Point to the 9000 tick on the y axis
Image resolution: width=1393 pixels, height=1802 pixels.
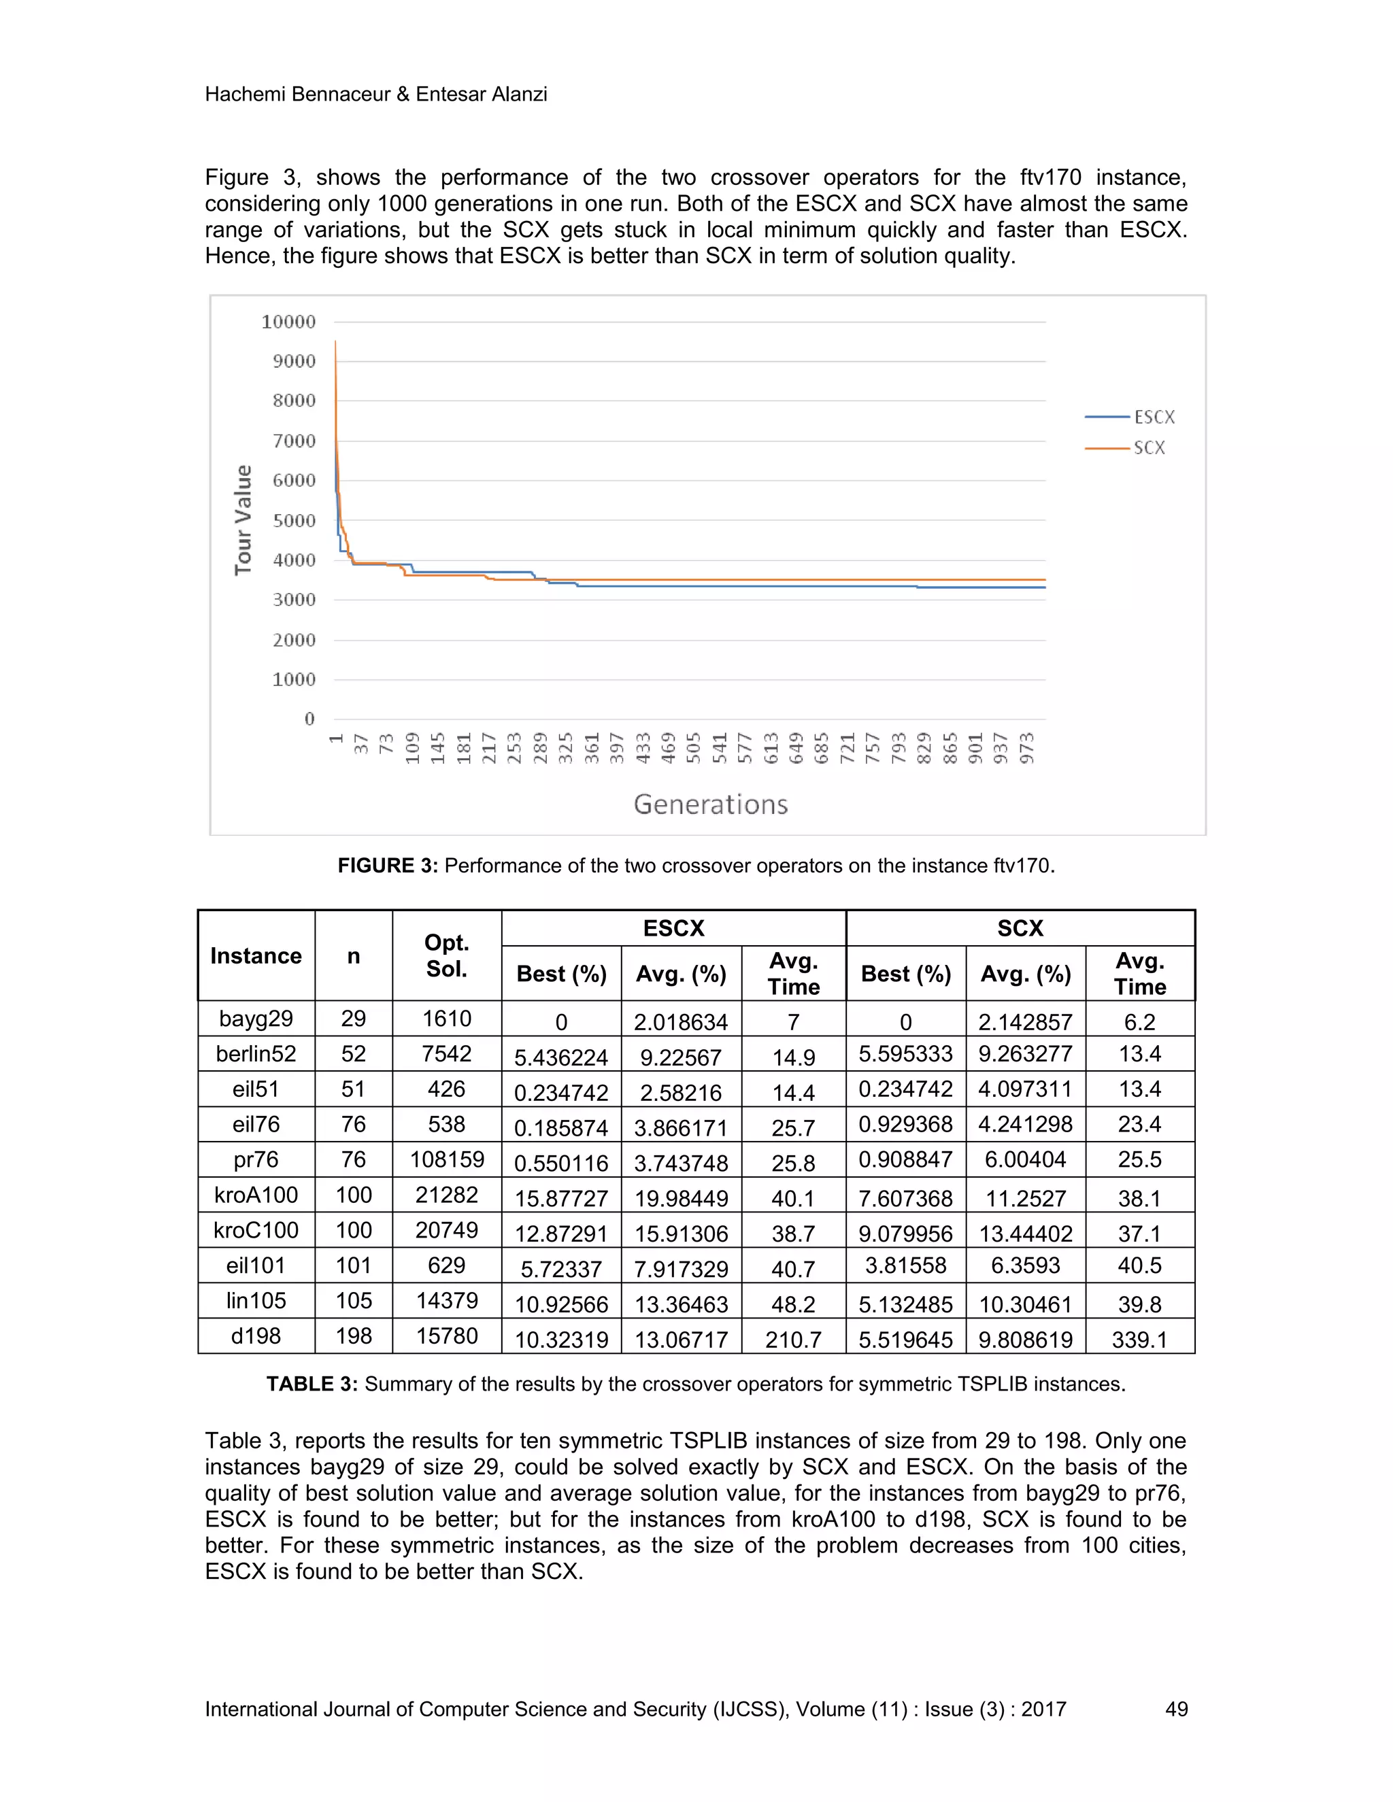click(x=294, y=361)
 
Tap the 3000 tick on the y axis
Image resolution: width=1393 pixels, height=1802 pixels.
click(x=294, y=600)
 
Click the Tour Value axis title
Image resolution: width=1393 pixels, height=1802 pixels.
click(x=243, y=520)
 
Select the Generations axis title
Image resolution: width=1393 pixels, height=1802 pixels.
click(x=711, y=804)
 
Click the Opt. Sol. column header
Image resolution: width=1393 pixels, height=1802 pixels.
click(x=446, y=955)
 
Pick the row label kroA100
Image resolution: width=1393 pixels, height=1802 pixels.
click(x=256, y=1195)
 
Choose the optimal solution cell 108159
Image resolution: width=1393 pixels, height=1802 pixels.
click(x=446, y=1159)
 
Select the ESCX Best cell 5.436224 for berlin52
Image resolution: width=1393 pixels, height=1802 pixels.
click(x=561, y=1057)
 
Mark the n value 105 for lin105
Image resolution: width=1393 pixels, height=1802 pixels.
click(x=353, y=1300)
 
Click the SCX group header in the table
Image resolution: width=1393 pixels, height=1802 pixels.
click(x=1020, y=928)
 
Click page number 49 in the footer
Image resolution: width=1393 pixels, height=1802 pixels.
click(x=1176, y=1709)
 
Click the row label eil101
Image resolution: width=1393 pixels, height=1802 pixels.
click(x=256, y=1265)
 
